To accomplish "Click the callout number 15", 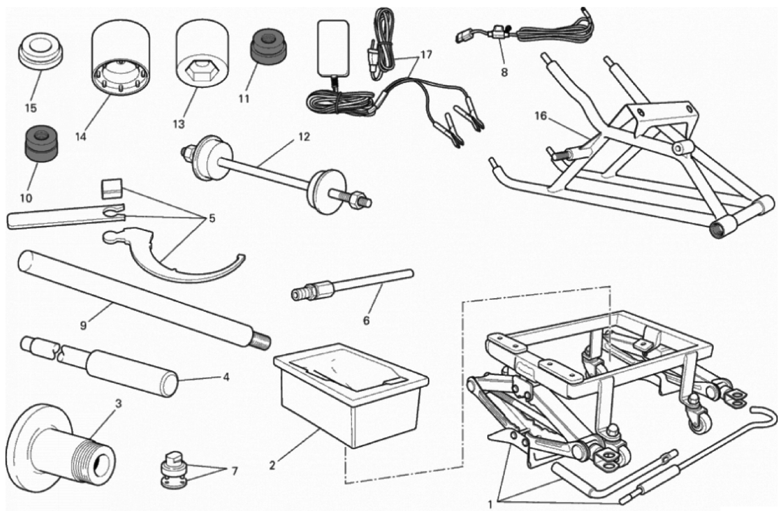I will [x=31, y=108].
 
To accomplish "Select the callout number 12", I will [x=304, y=137].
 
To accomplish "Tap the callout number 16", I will [x=541, y=116].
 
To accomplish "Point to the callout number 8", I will [x=504, y=72].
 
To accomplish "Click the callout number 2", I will [x=272, y=465].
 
